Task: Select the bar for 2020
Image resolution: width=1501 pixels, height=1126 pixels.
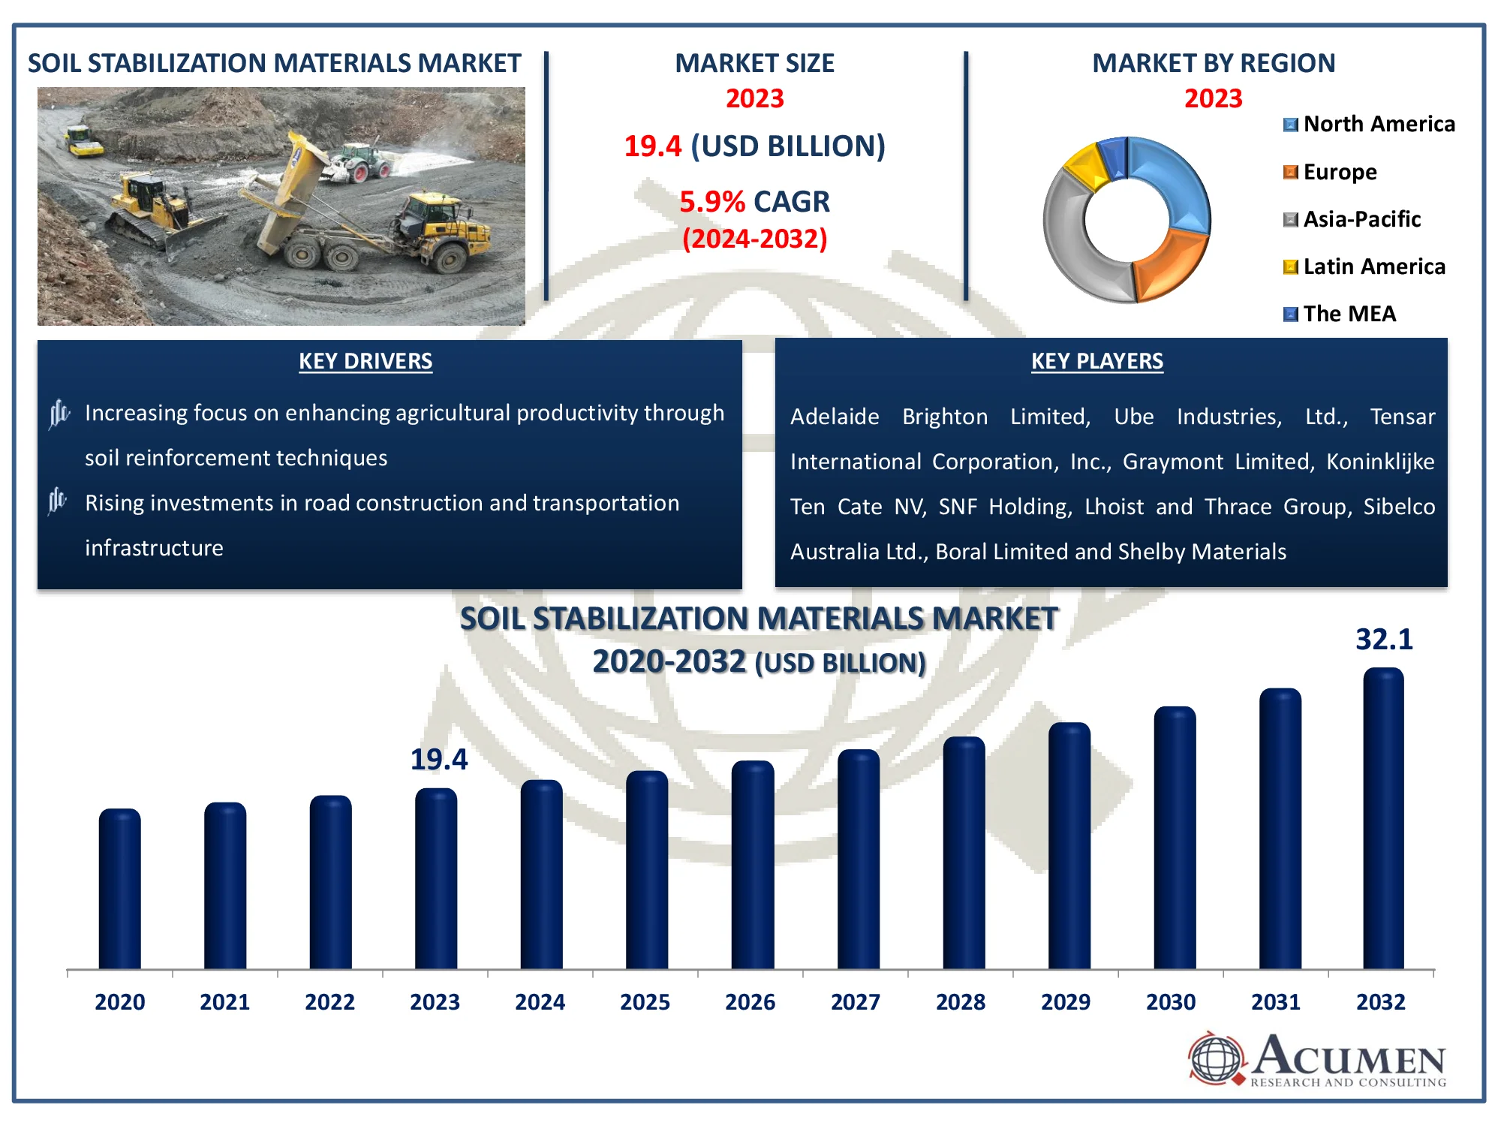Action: pyautogui.click(x=119, y=890)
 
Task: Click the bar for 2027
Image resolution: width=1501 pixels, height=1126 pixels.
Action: pyautogui.click(x=858, y=860)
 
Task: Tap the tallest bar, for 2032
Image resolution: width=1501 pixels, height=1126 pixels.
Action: pyautogui.click(x=1383, y=818)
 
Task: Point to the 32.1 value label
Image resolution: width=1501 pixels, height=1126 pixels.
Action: pyautogui.click(x=1384, y=640)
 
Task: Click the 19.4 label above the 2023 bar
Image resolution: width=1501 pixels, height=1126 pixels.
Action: pyautogui.click(x=439, y=760)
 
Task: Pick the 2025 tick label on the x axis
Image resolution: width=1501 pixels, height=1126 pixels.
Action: pyautogui.click(x=645, y=1002)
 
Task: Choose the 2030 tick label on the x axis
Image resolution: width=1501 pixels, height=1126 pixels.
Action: pyautogui.click(x=1171, y=1002)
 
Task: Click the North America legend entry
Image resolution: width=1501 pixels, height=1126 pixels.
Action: pyautogui.click(x=1370, y=124)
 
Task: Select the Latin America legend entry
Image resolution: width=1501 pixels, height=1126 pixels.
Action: pyautogui.click(x=1364, y=266)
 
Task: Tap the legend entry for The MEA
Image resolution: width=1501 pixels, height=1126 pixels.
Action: pyautogui.click(x=1340, y=314)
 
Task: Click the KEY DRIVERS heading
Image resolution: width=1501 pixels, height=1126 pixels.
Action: pyautogui.click(x=365, y=361)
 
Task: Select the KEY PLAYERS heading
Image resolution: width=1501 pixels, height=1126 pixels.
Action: pyautogui.click(x=1096, y=361)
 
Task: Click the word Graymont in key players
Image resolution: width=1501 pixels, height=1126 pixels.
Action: pyautogui.click(x=1172, y=462)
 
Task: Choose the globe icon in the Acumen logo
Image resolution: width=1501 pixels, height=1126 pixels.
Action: pyautogui.click(x=1216, y=1058)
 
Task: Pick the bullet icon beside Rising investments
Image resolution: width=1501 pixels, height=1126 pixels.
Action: pyautogui.click(x=58, y=501)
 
